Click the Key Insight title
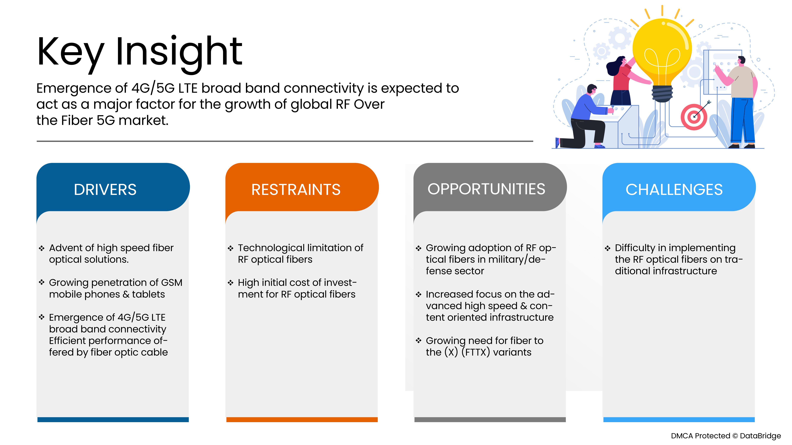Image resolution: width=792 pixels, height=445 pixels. [x=140, y=52]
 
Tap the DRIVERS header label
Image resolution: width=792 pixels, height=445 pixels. [x=105, y=189]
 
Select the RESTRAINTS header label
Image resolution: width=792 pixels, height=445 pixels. [x=296, y=189]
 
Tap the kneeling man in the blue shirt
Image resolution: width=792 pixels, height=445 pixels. [x=584, y=117]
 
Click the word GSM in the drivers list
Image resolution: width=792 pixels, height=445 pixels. [x=172, y=283]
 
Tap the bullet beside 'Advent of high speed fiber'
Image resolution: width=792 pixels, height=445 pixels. [x=42, y=248]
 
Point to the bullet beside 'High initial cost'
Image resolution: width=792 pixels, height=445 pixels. [x=231, y=283]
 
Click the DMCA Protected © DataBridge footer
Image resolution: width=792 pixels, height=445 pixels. [x=726, y=436]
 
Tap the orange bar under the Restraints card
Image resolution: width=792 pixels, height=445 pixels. [x=302, y=419]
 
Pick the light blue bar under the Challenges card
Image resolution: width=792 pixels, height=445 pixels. [x=679, y=419]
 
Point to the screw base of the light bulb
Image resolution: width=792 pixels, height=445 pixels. [x=662, y=94]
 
